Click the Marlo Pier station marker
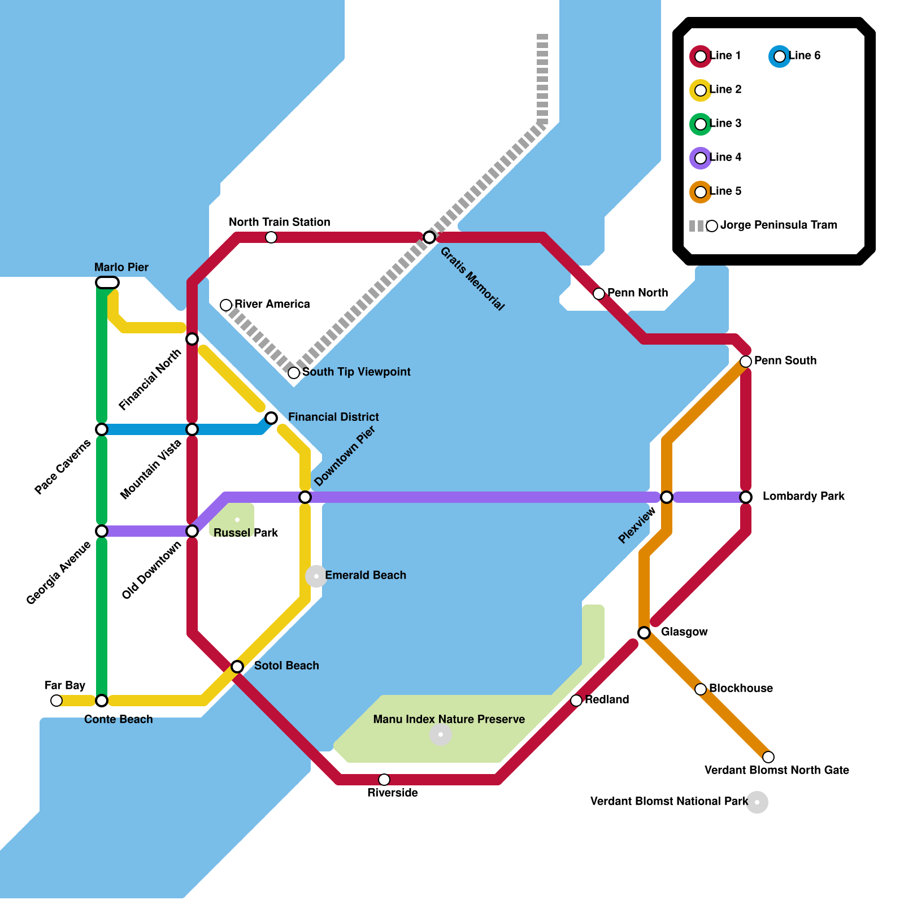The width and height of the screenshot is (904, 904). click(107, 282)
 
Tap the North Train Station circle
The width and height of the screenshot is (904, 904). click(271, 237)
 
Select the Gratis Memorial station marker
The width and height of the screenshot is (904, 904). click(429, 237)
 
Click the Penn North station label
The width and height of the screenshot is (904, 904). click(637, 293)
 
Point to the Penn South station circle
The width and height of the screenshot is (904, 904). click(746, 362)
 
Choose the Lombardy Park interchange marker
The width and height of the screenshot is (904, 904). click(746, 497)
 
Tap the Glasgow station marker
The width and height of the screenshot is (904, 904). click(644, 633)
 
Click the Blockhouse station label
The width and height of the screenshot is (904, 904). click(741, 688)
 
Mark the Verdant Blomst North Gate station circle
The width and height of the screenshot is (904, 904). click(768, 757)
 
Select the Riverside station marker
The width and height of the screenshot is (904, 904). click(384, 780)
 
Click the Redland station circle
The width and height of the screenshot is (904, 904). click(576, 701)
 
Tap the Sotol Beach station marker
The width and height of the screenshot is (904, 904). click(237, 667)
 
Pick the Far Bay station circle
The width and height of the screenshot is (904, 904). click(56, 701)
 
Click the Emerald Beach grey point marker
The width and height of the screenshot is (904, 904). click(316, 576)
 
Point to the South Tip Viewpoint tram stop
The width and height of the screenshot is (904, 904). click(294, 373)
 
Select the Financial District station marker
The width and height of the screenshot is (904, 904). click(271, 418)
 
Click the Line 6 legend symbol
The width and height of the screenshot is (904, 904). click(780, 56)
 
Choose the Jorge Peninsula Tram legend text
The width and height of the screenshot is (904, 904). click(779, 225)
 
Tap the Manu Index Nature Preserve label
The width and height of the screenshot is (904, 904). click(449, 719)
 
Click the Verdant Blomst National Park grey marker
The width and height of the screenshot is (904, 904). click(757, 802)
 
